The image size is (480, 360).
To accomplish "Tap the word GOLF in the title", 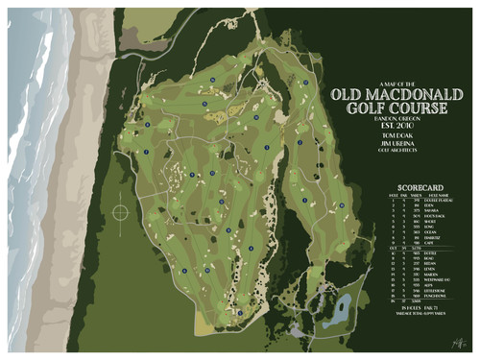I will (x=364, y=110).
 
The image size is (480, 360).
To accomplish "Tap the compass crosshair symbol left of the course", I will (x=121, y=210).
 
